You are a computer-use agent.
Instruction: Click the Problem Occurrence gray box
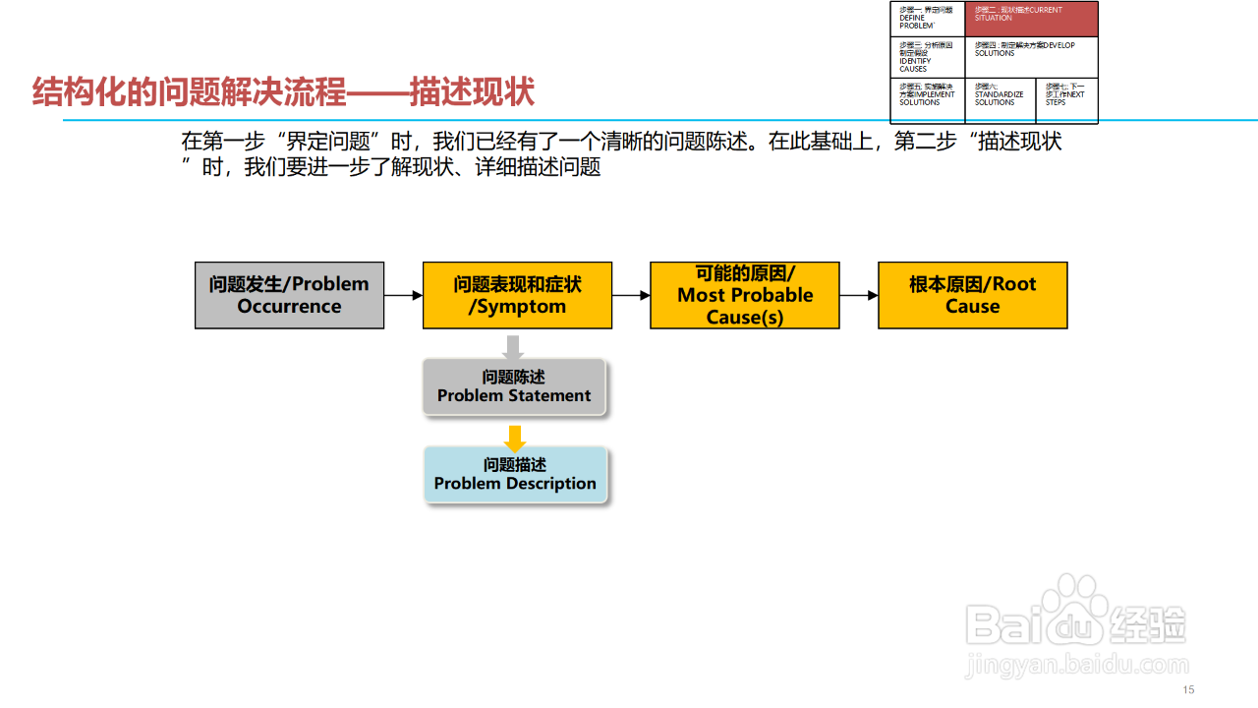pyautogui.click(x=289, y=295)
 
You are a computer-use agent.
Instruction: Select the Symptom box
pyautogui.click(x=517, y=295)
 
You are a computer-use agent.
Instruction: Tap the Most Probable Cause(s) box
pyautogui.click(x=745, y=295)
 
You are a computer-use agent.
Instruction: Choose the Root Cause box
pyautogui.click(x=972, y=295)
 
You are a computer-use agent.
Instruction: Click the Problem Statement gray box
pyautogui.click(x=514, y=386)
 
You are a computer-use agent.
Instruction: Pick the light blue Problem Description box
pyautogui.click(x=515, y=474)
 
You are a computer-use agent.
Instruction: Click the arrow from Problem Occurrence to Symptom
pyautogui.click(x=403, y=295)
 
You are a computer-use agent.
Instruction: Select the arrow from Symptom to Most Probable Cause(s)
pyautogui.click(x=631, y=295)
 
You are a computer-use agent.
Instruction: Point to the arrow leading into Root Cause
pyautogui.click(x=858, y=295)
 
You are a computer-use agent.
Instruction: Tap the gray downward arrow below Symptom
pyautogui.click(x=512, y=347)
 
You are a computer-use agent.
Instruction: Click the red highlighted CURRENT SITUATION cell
pyautogui.click(x=1031, y=19)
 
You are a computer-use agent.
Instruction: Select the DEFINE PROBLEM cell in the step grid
pyautogui.click(x=929, y=19)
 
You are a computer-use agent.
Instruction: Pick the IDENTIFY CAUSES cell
pyautogui.click(x=929, y=57)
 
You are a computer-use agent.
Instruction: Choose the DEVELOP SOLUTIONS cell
pyautogui.click(x=1031, y=57)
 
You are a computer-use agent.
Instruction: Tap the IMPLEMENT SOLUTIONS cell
pyautogui.click(x=929, y=97)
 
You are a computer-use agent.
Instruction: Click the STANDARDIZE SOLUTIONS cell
pyautogui.click(x=1001, y=97)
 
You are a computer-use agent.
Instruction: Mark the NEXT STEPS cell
pyautogui.click(x=1066, y=97)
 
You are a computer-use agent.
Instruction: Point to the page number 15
pyautogui.click(x=1188, y=689)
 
